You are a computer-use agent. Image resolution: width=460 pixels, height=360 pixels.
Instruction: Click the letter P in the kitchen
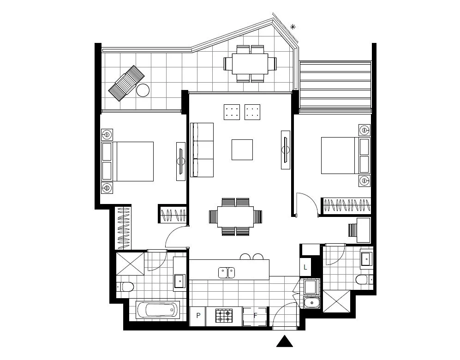coord(198,316)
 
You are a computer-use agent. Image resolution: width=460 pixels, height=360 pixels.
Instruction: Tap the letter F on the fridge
coord(255,316)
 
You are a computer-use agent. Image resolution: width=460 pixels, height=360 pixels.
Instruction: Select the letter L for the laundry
coord(305,267)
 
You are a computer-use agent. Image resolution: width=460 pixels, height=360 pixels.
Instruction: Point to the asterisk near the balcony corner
coord(293,27)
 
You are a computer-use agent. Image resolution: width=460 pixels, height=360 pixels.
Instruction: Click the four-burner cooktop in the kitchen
coord(225,316)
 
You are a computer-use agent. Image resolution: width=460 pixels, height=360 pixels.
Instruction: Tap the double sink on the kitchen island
coord(227,273)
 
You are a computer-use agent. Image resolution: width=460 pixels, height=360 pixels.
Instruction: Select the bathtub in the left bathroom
coord(158,309)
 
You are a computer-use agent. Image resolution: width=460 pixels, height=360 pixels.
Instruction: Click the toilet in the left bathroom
coord(125,287)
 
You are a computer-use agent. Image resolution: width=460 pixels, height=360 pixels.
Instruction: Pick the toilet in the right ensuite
coord(363,279)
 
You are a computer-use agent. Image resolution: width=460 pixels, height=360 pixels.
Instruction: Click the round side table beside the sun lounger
coord(143,90)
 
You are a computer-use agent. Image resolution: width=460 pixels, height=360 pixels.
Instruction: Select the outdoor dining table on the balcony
coord(250,64)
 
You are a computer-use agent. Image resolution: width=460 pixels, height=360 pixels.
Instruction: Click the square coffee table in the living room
coord(242,149)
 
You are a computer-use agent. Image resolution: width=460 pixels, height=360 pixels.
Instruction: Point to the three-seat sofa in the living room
coord(202,150)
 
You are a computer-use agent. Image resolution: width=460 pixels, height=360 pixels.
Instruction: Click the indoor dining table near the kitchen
coord(235,216)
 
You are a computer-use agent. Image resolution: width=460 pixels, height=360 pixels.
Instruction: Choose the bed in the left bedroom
coord(134,161)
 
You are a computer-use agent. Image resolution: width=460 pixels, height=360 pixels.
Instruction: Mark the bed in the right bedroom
coord(339,155)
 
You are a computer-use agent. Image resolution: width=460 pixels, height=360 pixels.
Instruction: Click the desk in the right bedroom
coord(362,230)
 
